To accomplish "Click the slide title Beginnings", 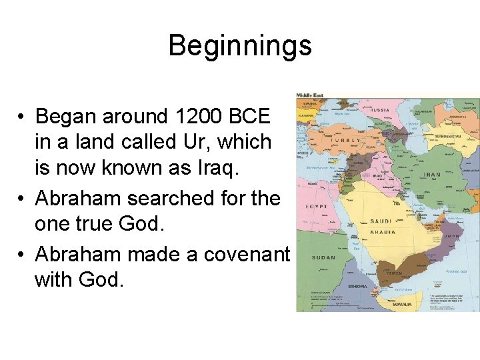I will pyautogui.click(x=240, y=46).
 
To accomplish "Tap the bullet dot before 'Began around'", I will pyautogui.click(x=22, y=117).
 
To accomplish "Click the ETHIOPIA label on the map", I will pyautogui.click(x=358, y=287).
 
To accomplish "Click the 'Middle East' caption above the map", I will pyautogui.click(x=310, y=95).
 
